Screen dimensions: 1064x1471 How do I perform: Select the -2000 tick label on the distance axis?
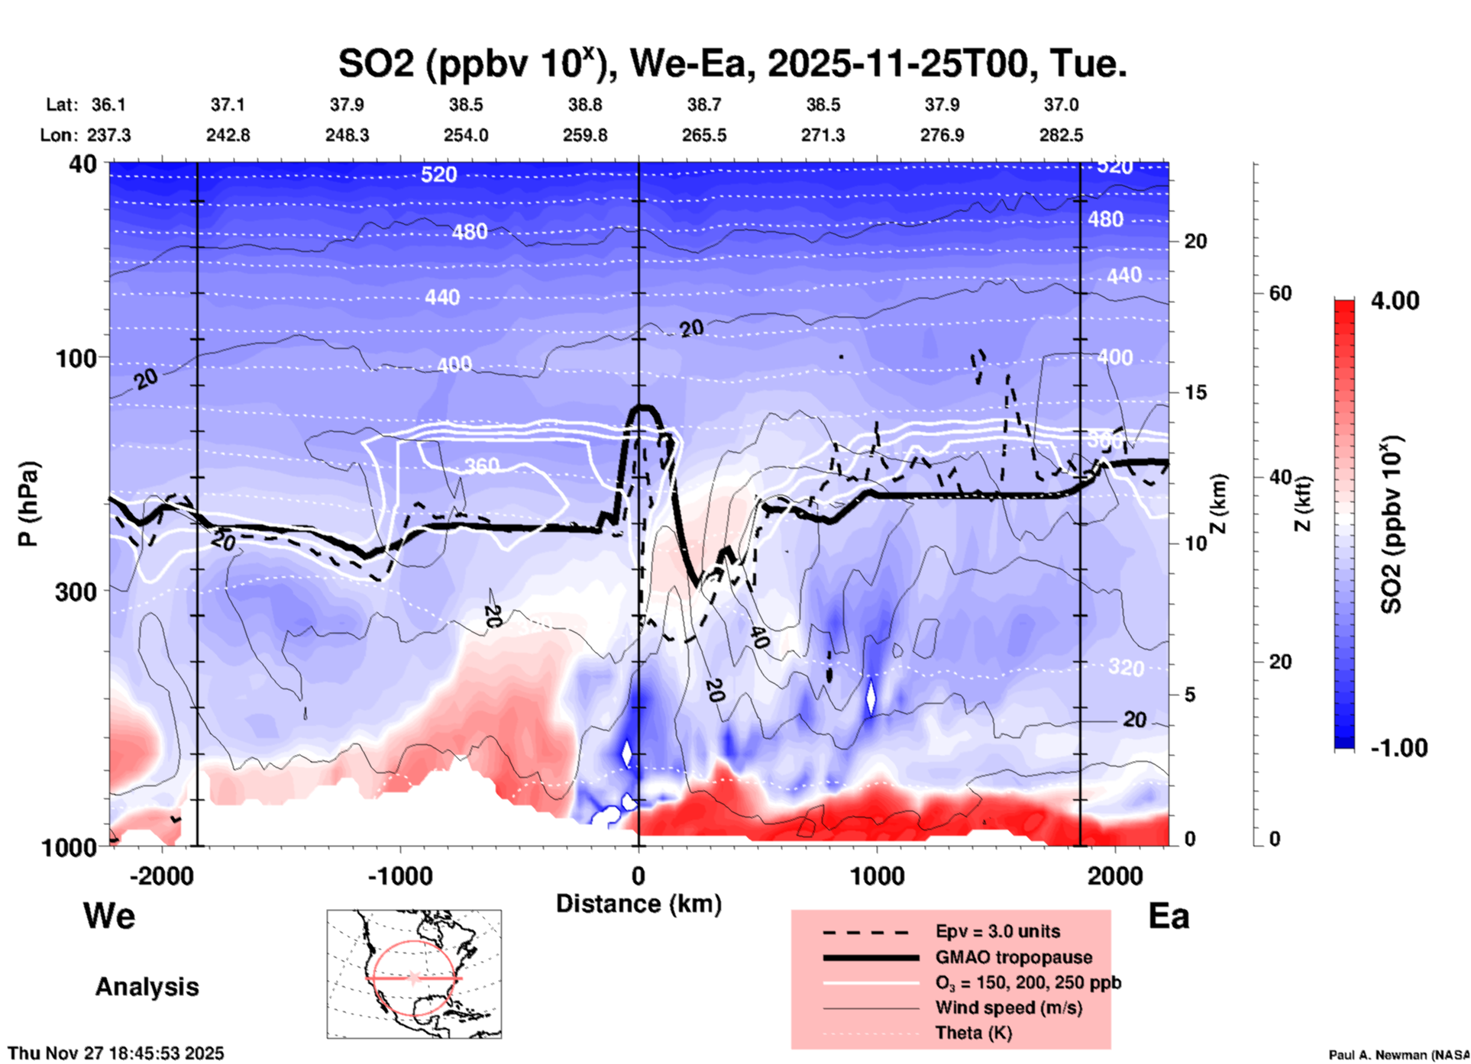[161, 875]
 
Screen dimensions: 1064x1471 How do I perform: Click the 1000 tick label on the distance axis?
[877, 875]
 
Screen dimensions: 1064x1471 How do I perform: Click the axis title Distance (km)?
[639, 904]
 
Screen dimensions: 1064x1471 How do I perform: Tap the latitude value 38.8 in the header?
[585, 105]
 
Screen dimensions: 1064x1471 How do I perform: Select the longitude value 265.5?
[704, 135]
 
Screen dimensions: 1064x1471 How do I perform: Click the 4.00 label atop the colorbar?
[1395, 301]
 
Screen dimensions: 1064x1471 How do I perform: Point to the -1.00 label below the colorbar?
[1398, 748]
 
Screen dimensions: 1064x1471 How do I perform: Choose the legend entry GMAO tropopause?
[1014, 957]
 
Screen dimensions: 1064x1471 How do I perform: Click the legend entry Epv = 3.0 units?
[997, 931]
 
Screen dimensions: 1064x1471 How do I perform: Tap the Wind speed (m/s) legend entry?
[1008, 1008]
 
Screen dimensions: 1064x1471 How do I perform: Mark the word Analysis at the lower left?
[147, 987]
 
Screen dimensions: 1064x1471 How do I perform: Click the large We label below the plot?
[109, 916]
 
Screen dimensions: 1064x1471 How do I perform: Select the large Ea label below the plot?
[1169, 916]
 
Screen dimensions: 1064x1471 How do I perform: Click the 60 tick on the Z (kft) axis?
[1280, 294]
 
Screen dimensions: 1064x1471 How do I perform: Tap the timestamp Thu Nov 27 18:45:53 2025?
[116, 1053]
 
